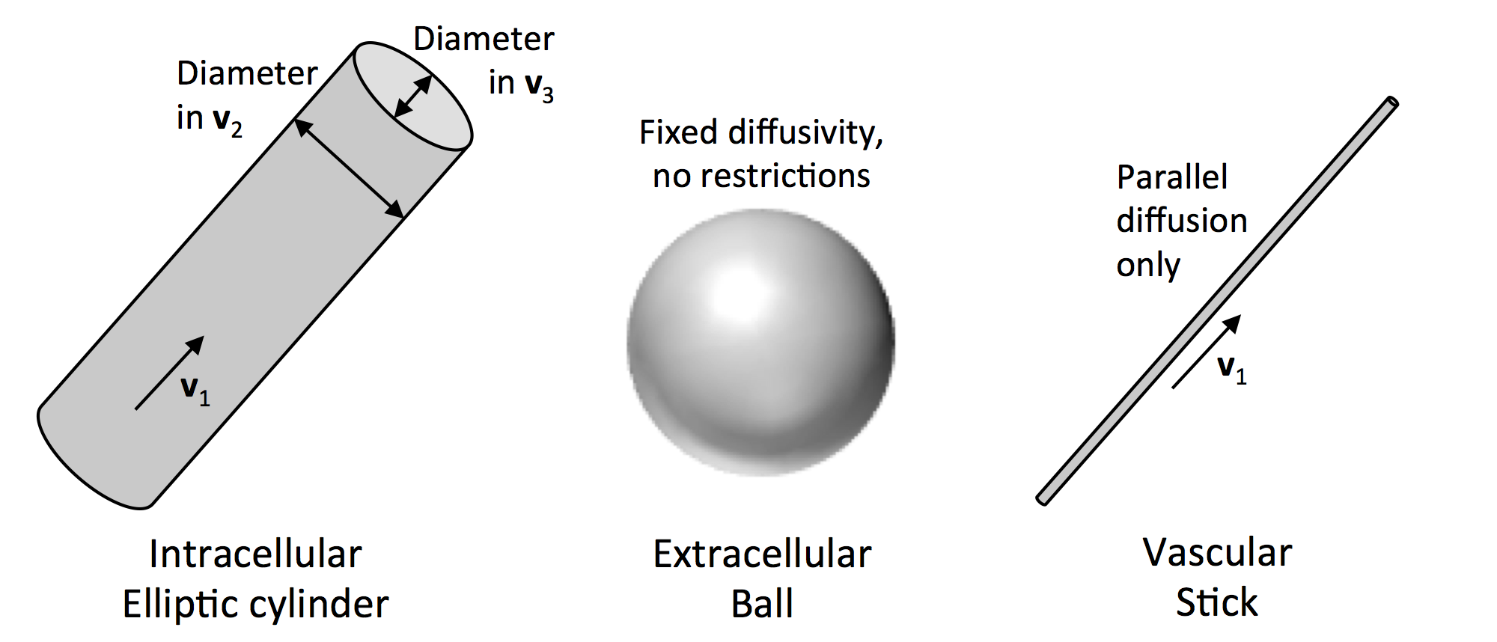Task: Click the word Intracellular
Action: pyautogui.click(x=255, y=554)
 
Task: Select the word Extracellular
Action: pyautogui.click(x=762, y=554)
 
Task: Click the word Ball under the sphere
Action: pyautogui.click(x=762, y=604)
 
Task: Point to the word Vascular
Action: pyautogui.click(x=1217, y=553)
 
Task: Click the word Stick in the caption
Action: pyautogui.click(x=1217, y=602)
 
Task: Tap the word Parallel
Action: pyautogui.click(x=1172, y=177)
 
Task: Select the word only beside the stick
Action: pyautogui.click(x=1148, y=265)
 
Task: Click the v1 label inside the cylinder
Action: pyautogui.click(x=195, y=390)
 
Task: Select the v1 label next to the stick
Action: pyautogui.click(x=1231, y=368)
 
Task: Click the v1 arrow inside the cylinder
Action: pyautogui.click(x=169, y=373)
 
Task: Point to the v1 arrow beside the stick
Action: pyautogui.click(x=1206, y=352)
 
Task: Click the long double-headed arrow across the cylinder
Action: pyautogui.click(x=349, y=168)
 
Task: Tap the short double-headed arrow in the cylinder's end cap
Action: pyautogui.click(x=413, y=97)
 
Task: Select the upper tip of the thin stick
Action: pyautogui.click(x=1391, y=103)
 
